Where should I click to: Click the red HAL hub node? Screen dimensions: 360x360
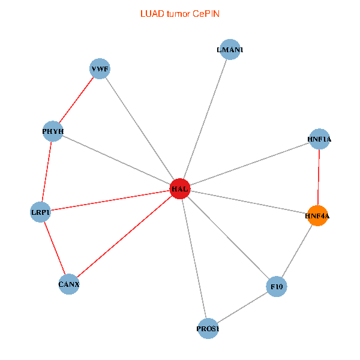click(x=180, y=189)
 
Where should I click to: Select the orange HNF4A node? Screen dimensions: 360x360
click(x=317, y=215)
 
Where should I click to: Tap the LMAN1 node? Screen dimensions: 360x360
click(x=230, y=50)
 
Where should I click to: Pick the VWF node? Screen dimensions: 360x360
click(x=100, y=69)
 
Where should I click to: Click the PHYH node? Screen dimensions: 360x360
click(x=53, y=131)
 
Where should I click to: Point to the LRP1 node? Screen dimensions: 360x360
click(x=40, y=212)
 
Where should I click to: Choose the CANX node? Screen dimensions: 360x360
click(x=69, y=284)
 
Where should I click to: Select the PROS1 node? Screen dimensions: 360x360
click(x=208, y=329)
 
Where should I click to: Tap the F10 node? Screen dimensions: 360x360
click(x=277, y=287)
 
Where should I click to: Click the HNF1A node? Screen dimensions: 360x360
click(x=319, y=139)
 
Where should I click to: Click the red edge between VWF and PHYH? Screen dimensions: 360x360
click(x=76, y=100)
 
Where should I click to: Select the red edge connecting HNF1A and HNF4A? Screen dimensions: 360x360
click(x=319, y=177)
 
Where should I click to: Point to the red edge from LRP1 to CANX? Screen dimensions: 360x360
click(x=55, y=248)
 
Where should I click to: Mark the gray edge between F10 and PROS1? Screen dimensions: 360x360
click(x=242, y=308)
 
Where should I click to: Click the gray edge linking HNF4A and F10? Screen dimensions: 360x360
click(x=297, y=251)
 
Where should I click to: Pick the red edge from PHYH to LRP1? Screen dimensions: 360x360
click(x=47, y=172)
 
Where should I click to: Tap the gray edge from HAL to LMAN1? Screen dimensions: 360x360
click(x=205, y=119)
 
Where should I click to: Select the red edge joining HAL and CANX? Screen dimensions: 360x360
click(x=124, y=236)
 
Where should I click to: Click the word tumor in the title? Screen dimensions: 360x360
click(x=176, y=13)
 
